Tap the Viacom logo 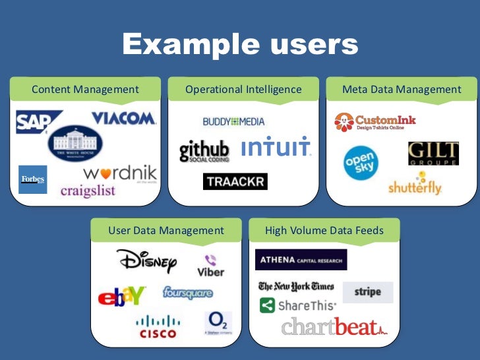point(123,118)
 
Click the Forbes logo point(32,179)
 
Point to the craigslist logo point(88,191)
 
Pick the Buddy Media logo point(233,121)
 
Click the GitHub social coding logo point(204,151)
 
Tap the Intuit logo point(276,148)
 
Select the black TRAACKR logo point(235,181)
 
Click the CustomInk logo point(375,122)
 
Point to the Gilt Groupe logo point(433,154)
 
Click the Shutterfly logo point(415,187)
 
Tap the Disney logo point(147,261)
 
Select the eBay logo point(122,297)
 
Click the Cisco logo point(158,326)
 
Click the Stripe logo point(367,292)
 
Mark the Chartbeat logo point(334,326)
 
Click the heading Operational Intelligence point(243,90)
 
